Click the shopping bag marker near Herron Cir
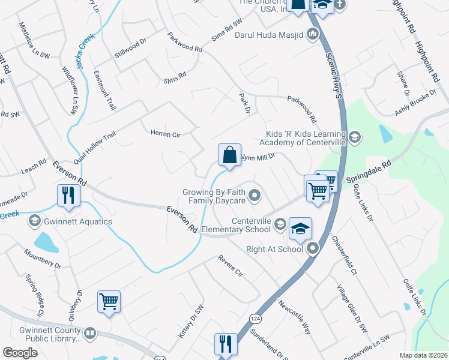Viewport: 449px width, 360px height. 229,155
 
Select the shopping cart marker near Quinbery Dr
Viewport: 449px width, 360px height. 109,301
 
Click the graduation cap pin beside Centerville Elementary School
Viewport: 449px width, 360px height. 300,228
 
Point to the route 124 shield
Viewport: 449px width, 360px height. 256,318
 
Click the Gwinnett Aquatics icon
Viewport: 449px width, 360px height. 34,221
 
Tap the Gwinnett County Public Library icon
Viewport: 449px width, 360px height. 89,332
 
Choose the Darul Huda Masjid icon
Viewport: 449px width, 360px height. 312,34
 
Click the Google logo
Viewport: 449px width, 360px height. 20,353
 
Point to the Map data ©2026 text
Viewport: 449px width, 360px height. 423,355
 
